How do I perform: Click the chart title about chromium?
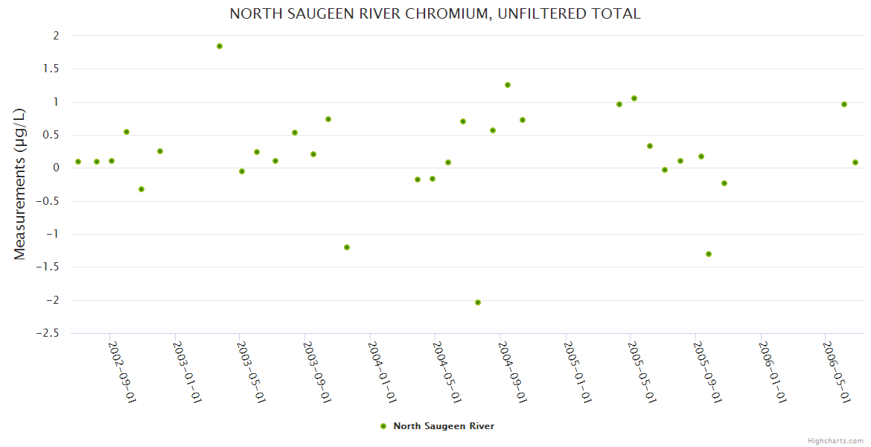pos(435,14)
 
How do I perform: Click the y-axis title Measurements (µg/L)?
pos(20,184)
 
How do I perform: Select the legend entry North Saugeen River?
pos(443,426)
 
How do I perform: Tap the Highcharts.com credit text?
pos(835,440)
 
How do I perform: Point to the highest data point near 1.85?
pos(220,46)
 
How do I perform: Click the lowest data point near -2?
pos(478,302)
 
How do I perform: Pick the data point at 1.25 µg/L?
pos(508,85)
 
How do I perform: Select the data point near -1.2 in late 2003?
pos(347,247)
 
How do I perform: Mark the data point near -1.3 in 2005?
pos(709,254)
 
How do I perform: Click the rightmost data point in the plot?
pos(855,162)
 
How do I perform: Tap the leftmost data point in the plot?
pos(78,162)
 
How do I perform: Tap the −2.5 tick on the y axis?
pos(49,333)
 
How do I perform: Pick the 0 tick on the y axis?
pos(55,168)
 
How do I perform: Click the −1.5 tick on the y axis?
pos(49,267)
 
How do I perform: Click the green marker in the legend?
pos(383,426)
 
